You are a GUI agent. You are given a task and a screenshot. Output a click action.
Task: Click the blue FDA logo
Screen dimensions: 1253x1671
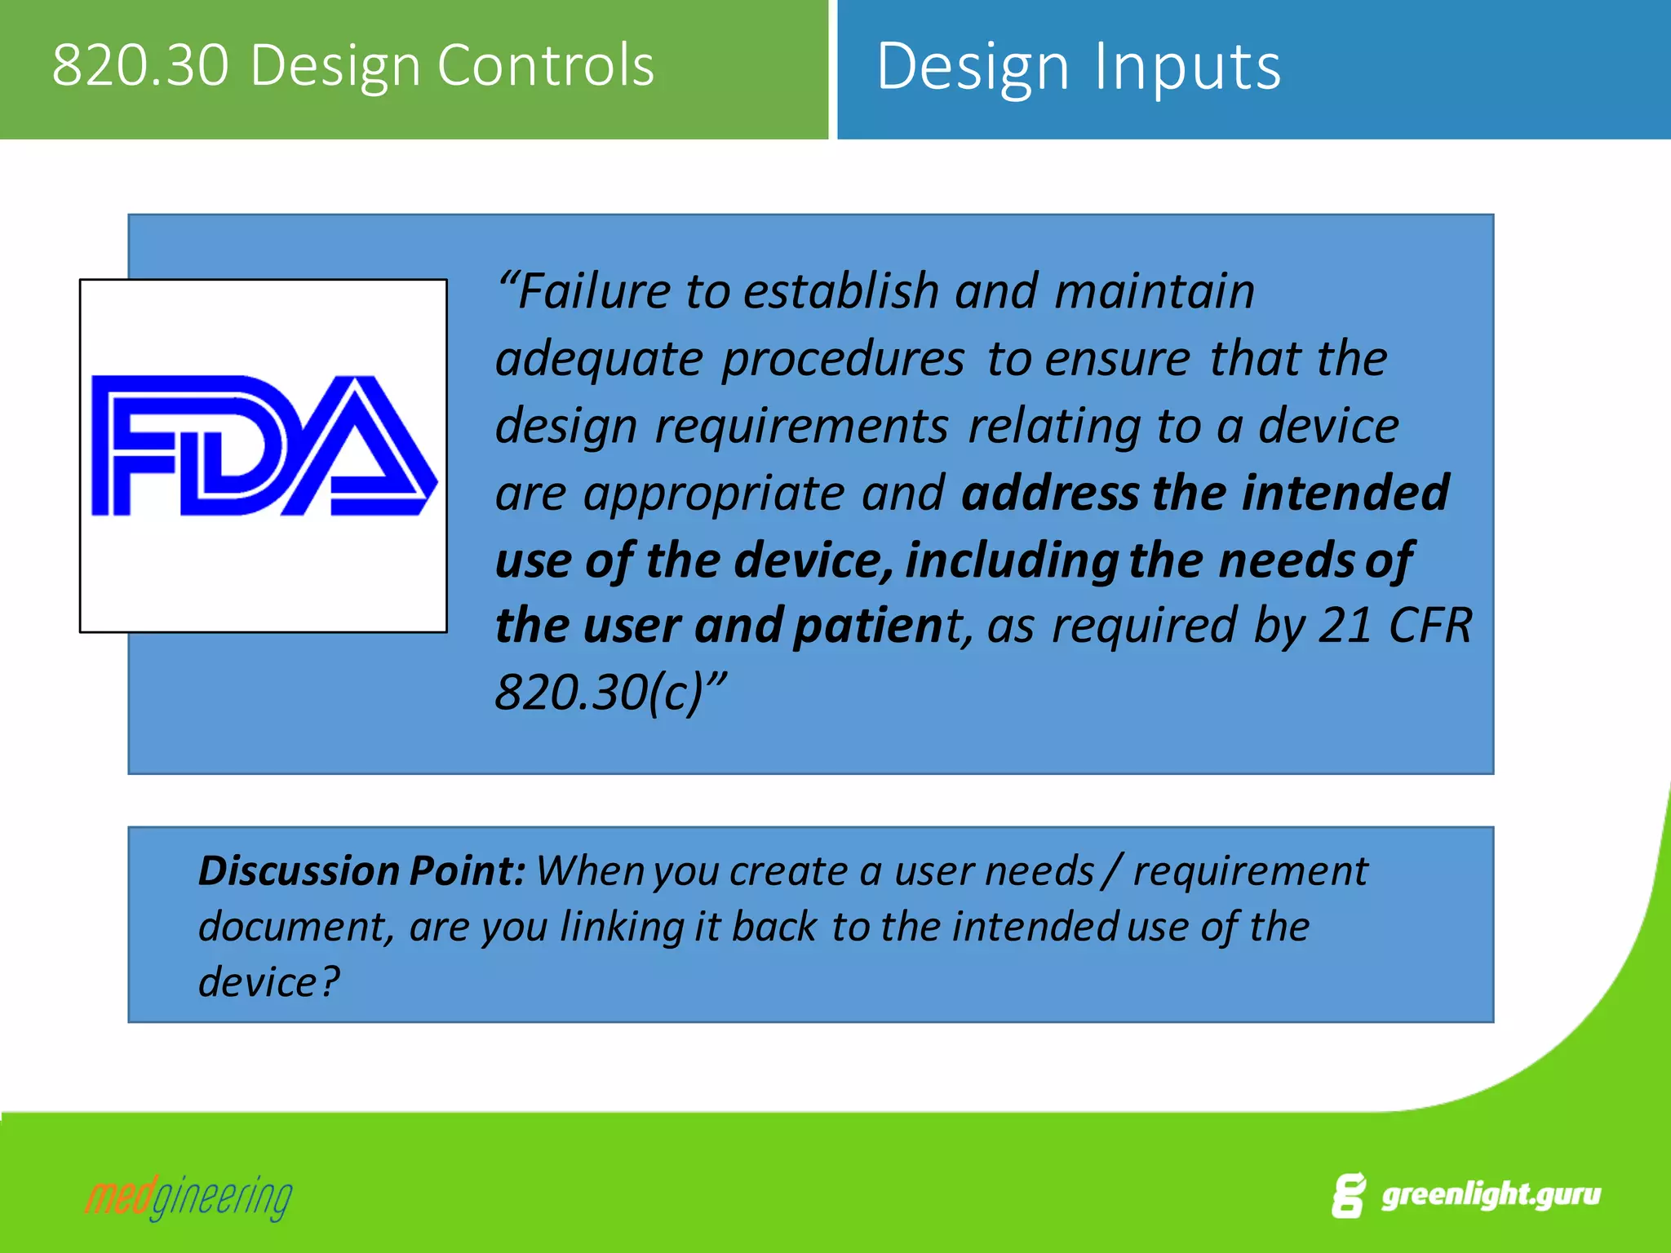point(263,446)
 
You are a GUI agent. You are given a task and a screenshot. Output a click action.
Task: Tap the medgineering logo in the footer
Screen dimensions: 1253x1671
point(188,1198)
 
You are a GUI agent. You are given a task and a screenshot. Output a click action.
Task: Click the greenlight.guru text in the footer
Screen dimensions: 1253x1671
point(1490,1195)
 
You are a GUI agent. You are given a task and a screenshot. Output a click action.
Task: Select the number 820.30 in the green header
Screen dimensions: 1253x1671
point(140,65)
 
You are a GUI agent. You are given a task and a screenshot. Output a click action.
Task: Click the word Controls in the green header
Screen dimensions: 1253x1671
point(545,65)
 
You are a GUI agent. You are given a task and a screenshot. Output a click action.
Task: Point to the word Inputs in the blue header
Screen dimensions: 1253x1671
point(1187,67)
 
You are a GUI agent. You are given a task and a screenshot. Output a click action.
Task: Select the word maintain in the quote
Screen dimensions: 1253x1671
point(1154,291)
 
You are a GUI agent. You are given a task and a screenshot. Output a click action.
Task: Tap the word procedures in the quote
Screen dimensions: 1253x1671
point(843,359)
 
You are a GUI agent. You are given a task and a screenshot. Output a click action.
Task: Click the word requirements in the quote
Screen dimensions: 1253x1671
point(802,427)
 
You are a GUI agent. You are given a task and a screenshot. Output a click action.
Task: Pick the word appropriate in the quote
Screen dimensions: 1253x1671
point(714,494)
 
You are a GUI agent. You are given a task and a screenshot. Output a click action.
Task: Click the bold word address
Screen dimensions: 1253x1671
point(1050,493)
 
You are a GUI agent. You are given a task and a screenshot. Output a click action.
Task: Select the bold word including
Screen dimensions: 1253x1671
point(1012,560)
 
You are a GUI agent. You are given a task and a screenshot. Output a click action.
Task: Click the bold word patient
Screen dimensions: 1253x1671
point(870,626)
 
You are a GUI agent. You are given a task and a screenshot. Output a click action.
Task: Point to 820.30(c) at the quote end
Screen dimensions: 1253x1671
point(600,693)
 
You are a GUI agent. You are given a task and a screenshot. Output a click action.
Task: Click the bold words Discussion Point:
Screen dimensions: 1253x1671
point(361,870)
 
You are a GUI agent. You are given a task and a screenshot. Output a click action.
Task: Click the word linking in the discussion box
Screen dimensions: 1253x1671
point(622,927)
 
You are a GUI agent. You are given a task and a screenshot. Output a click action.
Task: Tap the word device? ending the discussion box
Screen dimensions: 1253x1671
point(268,981)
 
